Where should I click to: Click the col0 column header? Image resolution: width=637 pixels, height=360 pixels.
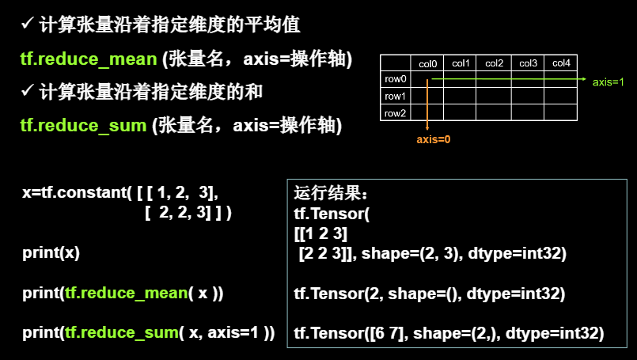click(427, 64)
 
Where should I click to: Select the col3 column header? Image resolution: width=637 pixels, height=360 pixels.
click(528, 63)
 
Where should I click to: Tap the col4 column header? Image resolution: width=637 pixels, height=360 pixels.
click(561, 63)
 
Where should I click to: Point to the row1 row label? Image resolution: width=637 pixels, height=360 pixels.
click(396, 97)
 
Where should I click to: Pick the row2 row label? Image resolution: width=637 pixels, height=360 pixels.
click(396, 113)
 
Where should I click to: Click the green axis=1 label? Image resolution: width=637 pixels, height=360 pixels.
click(609, 82)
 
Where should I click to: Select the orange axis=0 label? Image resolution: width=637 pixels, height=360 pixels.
click(434, 139)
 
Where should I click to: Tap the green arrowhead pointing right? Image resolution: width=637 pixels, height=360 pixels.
click(584, 79)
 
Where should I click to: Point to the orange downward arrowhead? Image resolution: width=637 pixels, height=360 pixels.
click(427, 127)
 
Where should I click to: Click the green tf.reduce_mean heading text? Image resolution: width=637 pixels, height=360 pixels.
click(89, 59)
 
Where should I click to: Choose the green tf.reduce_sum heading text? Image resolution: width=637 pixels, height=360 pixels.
click(83, 126)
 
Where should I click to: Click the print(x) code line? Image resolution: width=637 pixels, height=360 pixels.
click(51, 252)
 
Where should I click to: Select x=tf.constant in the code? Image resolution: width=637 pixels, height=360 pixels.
click(74, 192)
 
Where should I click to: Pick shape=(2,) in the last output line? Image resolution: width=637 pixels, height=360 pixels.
click(457, 333)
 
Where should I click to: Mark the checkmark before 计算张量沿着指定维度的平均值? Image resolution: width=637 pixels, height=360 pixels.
click(27, 24)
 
